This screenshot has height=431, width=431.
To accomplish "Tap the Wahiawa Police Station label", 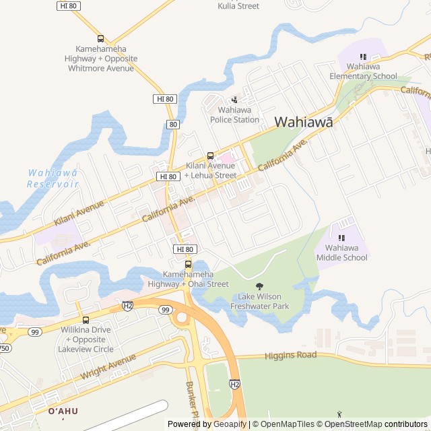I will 234,114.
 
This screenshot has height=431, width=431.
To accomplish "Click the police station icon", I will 234,100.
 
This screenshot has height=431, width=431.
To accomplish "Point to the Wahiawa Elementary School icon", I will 363,57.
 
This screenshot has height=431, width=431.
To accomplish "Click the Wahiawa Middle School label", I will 341,253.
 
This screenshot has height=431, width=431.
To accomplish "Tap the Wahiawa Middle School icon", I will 341,238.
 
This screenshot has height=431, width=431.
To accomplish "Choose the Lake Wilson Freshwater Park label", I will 260,301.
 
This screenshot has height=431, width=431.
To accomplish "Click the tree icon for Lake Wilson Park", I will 260,287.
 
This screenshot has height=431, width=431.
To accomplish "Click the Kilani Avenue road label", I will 79,212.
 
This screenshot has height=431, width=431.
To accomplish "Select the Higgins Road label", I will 290,355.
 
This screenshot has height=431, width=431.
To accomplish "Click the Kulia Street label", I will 238,6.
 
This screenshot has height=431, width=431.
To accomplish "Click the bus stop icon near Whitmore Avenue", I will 100,39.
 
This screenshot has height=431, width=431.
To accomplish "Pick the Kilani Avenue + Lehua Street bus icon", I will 210,156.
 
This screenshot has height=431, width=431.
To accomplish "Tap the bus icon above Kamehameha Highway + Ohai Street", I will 189,263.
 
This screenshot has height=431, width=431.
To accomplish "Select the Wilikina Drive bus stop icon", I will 85,320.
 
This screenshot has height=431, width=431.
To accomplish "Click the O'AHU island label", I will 63,411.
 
